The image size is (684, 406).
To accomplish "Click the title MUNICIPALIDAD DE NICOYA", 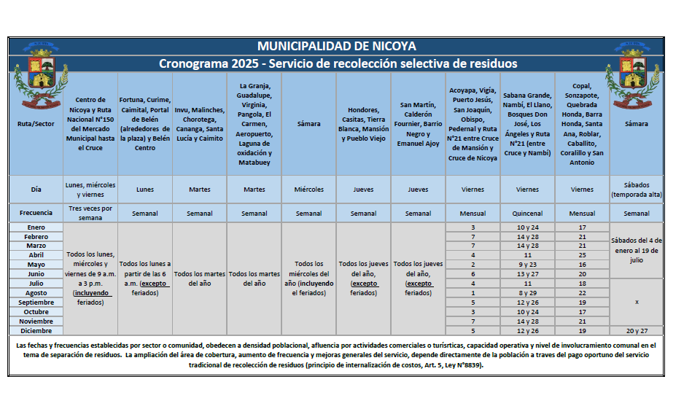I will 336,47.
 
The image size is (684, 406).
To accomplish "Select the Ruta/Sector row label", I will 36,124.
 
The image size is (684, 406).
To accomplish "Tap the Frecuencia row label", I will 36,214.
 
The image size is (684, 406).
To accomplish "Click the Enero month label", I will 36,227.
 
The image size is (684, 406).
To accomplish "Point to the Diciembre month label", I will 36,330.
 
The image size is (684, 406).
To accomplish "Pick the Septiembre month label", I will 36,302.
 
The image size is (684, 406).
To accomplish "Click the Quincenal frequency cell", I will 527,214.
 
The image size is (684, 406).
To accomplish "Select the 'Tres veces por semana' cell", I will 90,214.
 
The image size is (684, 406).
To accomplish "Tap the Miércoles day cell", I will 308,190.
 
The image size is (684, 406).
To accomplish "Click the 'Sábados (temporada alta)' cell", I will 637,190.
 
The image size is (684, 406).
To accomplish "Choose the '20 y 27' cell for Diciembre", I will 637,330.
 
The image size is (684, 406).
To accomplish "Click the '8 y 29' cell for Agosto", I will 527,292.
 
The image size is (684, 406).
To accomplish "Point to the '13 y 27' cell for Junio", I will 527,274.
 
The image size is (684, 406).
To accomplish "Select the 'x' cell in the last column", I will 637,302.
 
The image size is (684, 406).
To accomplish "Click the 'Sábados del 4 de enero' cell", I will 637,250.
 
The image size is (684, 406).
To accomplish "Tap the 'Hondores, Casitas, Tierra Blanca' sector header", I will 363,124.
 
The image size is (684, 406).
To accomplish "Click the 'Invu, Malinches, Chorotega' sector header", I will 199,124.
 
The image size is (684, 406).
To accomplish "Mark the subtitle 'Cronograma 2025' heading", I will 338,64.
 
